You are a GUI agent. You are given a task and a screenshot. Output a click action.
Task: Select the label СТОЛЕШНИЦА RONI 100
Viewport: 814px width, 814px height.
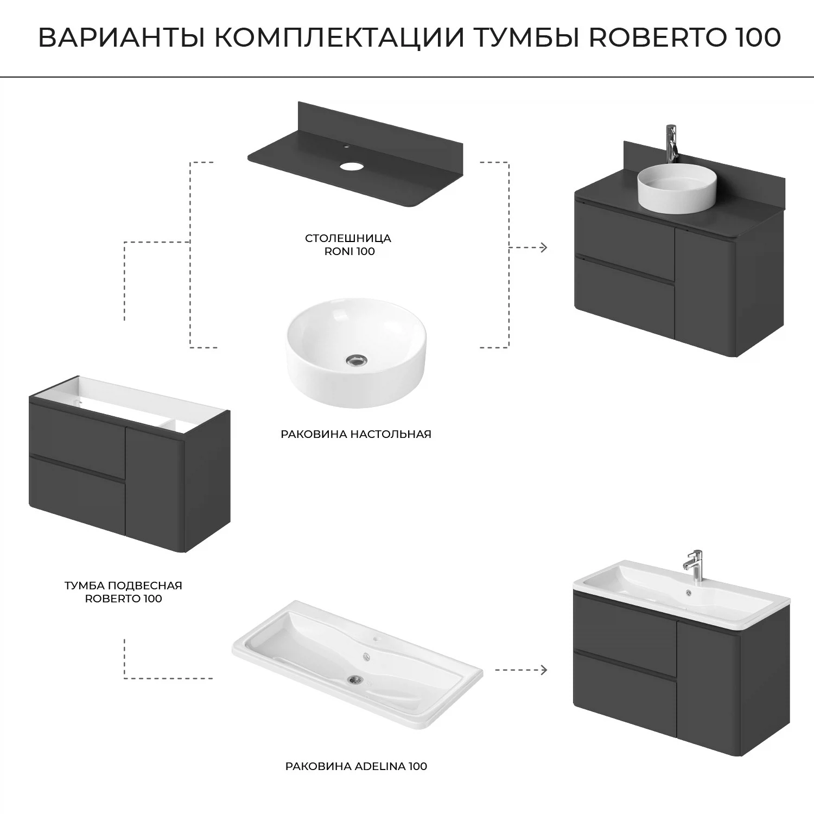[348, 245]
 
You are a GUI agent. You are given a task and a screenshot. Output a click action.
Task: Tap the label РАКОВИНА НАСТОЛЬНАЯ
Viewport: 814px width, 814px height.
[355, 434]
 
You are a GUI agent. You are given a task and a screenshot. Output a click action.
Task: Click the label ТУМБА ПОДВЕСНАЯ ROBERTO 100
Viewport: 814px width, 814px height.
[123, 592]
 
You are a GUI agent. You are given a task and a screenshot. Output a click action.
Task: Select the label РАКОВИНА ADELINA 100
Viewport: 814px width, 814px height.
[356, 766]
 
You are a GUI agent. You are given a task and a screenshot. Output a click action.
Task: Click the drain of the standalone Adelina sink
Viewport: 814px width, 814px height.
[355, 678]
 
